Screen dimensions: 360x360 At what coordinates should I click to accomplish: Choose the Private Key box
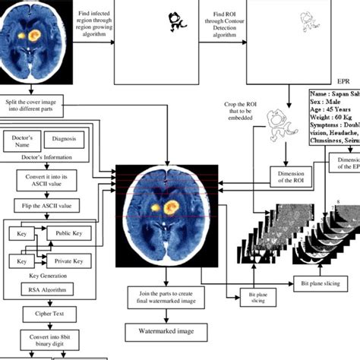68,261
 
